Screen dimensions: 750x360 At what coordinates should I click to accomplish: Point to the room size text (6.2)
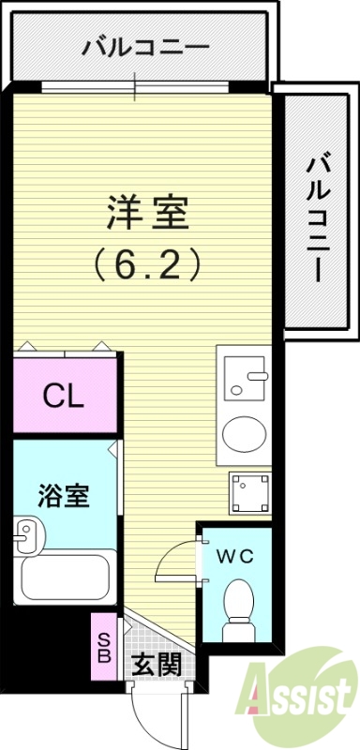tap(148, 266)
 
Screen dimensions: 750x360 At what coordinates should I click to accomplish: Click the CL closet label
tap(64, 397)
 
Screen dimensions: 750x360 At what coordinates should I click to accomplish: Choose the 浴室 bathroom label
tap(64, 496)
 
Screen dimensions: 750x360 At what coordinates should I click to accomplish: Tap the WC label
tap(235, 556)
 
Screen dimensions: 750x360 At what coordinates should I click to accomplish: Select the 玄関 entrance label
tap(156, 667)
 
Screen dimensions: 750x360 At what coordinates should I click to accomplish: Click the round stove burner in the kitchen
tap(245, 434)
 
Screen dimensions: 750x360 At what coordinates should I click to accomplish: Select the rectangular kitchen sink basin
tap(248, 381)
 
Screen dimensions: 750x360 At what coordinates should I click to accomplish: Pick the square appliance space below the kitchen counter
tap(248, 492)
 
